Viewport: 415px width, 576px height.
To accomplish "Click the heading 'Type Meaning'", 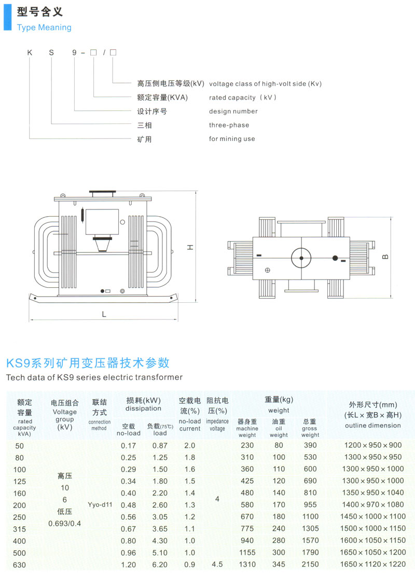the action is click(44, 27).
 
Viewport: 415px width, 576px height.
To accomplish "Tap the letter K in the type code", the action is click(30, 52).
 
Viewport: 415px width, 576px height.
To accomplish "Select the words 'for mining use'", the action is click(232, 139).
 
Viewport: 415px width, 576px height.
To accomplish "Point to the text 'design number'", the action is click(233, 111).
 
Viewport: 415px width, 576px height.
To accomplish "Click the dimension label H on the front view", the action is click(190, 247).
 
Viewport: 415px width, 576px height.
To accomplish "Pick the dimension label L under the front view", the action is click(104, 315).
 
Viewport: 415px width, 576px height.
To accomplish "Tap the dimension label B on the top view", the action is click(385, 257).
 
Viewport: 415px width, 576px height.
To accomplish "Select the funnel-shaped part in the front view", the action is click(102, 244).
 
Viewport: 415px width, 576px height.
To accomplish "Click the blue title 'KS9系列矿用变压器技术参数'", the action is click(88, 363).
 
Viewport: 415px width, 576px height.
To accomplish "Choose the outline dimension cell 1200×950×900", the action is click(373, 445).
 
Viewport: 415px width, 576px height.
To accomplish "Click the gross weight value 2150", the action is click(310, 564).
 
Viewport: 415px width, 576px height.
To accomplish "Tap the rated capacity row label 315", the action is click(20, 529).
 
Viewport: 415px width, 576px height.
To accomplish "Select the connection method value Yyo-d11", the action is click(100, 505).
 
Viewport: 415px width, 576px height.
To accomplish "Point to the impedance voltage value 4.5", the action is click(217, 564).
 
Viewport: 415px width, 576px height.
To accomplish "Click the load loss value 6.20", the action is click(160, 565).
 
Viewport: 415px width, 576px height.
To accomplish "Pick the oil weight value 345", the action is click(279, 564).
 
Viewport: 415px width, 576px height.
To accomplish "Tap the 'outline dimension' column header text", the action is click(373, 425).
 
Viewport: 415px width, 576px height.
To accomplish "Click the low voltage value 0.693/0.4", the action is click(65, 524).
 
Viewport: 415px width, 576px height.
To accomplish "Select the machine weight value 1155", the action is click(247, 553).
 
